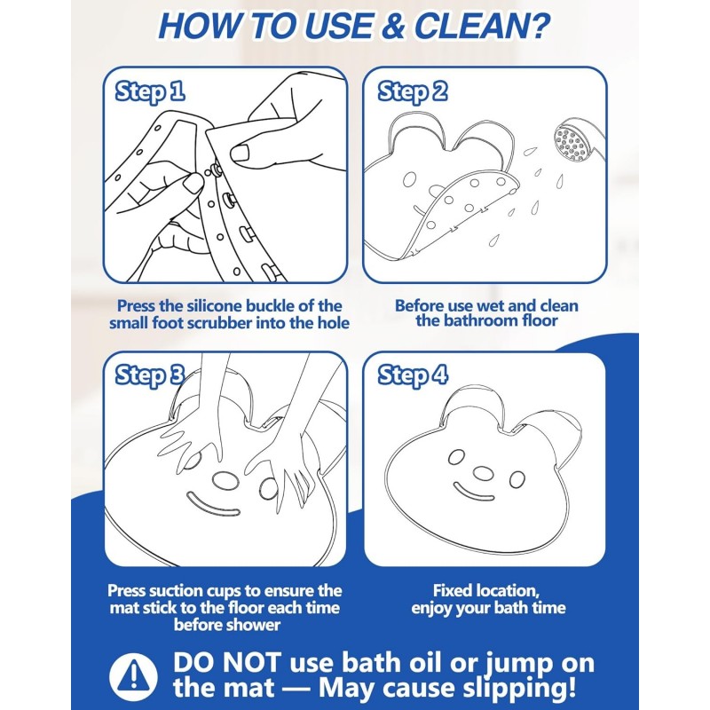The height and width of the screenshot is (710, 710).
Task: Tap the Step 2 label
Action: tap(412, 91)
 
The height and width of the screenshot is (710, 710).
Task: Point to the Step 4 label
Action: tap(413, 375)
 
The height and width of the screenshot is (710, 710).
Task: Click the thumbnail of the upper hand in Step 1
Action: tap(240, 153)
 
